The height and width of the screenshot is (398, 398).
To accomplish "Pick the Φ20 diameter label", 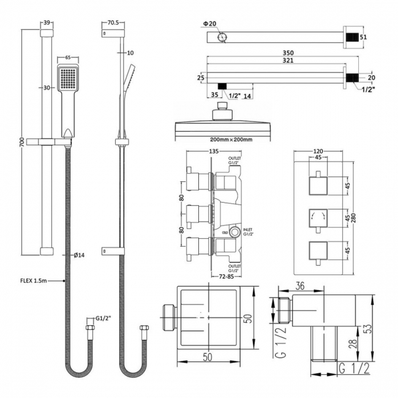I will pyautogui.click(x=211, y=24).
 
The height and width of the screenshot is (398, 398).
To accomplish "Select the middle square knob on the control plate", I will pyautogui.click(x=318, y=217).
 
